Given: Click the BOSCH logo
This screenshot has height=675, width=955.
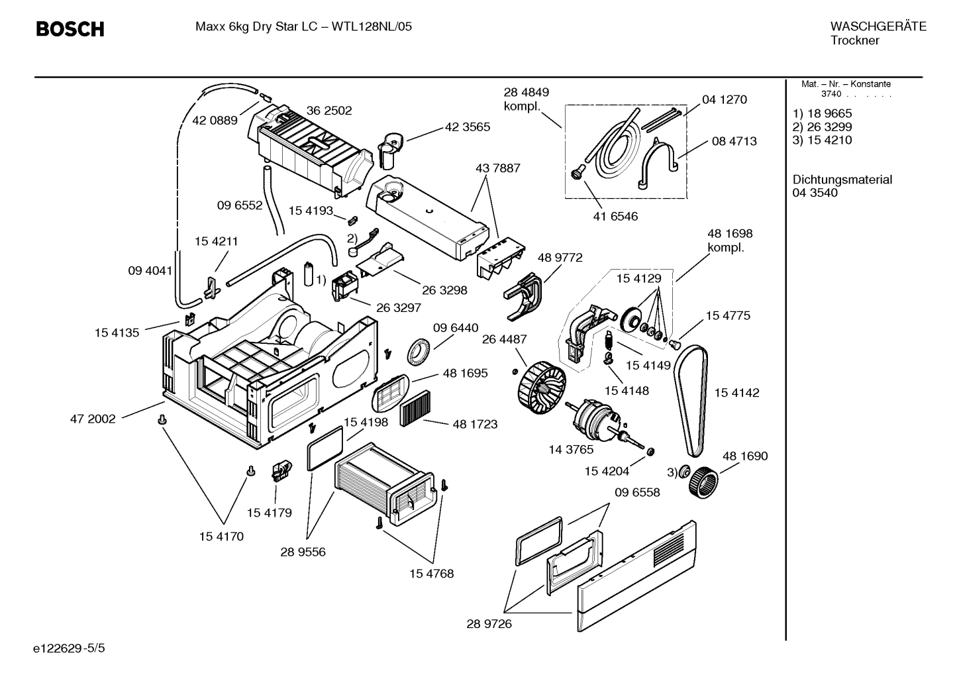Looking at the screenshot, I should tap(70, 29).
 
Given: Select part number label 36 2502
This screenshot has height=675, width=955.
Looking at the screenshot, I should tap(328, 111).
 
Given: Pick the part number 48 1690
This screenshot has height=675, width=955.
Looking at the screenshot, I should tap(745, 456).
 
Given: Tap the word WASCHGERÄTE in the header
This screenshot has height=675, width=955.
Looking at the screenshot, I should tap(878, 26).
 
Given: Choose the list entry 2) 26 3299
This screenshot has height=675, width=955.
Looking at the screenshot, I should tap(822, 127).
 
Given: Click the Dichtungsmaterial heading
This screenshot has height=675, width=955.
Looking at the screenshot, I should tap(842, 180).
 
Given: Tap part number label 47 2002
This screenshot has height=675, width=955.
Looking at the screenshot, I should tap(93, 419).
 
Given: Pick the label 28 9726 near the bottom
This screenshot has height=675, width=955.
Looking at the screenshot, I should tap(489, 624).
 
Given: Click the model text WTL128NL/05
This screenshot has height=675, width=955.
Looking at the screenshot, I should tap(372, 27).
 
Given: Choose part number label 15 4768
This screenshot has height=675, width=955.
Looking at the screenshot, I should tap(432, 574).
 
